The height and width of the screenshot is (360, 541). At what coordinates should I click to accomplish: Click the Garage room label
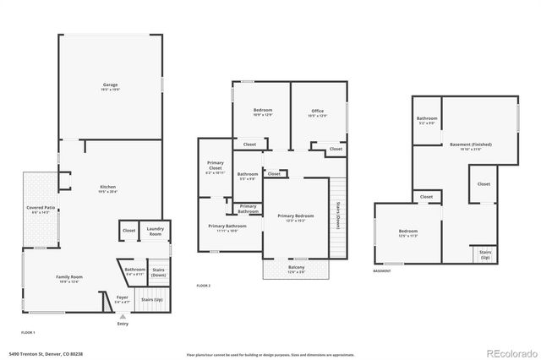(x=110, y=86)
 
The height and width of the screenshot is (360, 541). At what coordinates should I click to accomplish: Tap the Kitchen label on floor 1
(x=107, y=189)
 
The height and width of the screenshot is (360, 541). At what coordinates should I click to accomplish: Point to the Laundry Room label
(x=155, y=232)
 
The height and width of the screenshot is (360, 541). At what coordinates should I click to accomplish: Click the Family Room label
(x=70, y=279)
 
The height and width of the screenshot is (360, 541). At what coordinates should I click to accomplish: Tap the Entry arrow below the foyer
(x=123, y=316)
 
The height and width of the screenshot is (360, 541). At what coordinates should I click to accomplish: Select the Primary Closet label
(x=215, y=170)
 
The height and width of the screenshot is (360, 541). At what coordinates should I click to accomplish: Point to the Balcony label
(x=296, y=269)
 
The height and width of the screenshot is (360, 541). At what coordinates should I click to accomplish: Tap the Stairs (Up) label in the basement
(x=485, y=254)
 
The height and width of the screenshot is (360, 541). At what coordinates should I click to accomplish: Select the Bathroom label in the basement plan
(x=426, y=120)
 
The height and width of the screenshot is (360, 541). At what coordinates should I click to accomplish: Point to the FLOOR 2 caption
(x=203, y=286)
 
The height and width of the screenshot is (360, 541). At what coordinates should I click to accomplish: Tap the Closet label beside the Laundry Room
(x=128, y=230)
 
